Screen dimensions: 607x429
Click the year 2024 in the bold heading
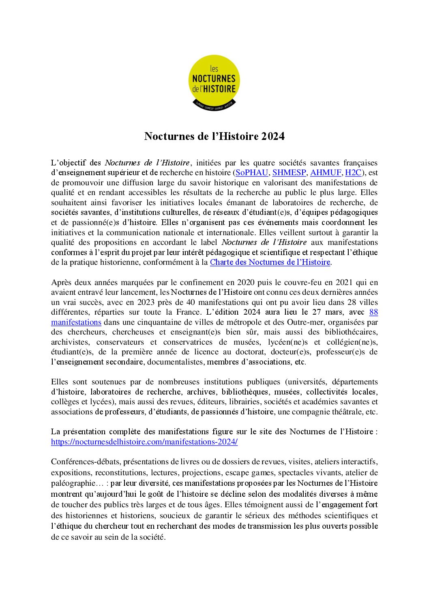pyautogui.click(x=273, y=136)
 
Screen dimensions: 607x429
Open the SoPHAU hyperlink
pyautogui.click(x=252, y=173)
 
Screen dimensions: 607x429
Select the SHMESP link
pyautogui.click(x=289, y=173)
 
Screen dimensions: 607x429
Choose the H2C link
pyautogui.click(x=353, y=173)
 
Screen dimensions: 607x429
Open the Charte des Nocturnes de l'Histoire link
pyautogui.click(x=270, y=262)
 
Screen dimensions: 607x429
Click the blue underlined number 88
pyautogui.click(x=373, y=312)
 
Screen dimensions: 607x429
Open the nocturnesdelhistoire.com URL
pyautogui.click(x=144, y=442)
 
